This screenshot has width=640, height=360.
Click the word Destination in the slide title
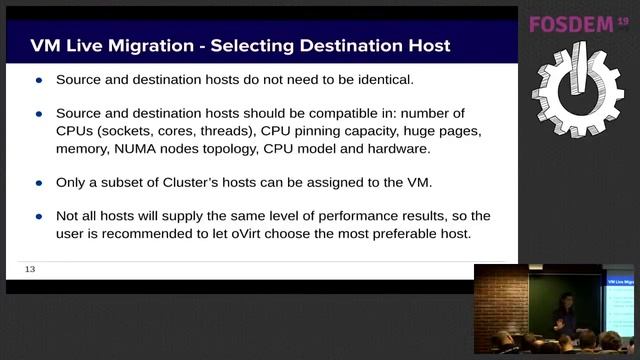329,46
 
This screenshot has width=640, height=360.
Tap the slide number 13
30,269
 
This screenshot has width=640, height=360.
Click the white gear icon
577,88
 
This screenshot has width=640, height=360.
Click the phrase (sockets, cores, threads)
176,132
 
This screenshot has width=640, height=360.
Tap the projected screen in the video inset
619,300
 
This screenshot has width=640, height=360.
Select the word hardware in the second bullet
395,149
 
